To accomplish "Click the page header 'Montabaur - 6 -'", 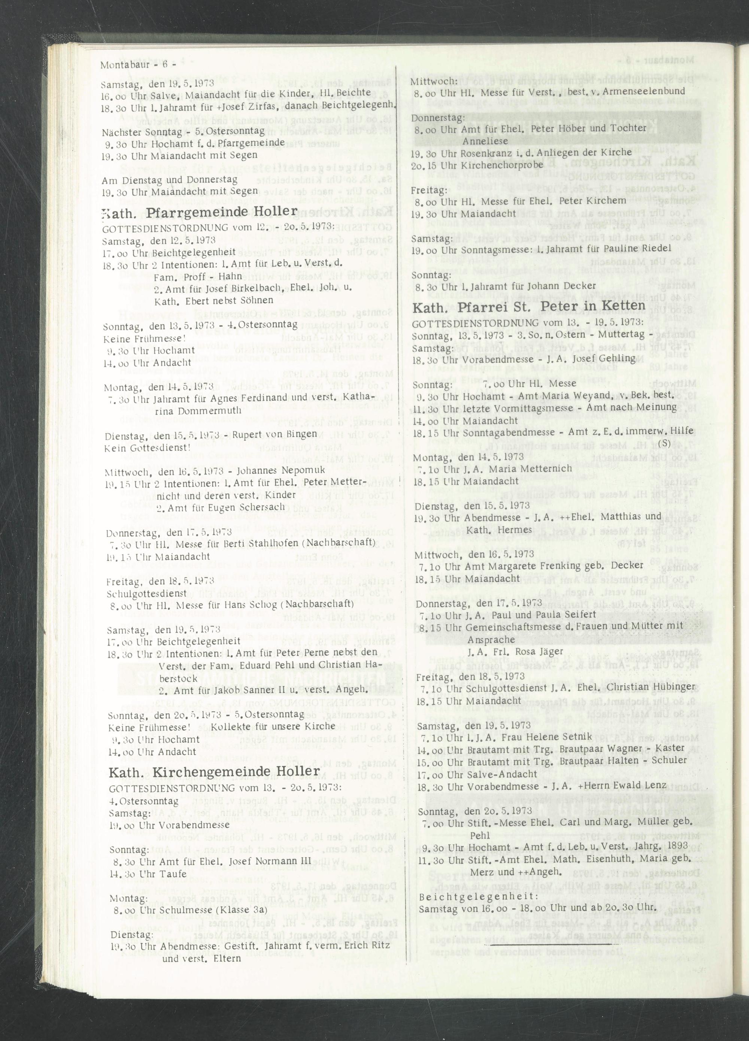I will [138, 65].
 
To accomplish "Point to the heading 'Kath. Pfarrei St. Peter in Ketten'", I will [529, 307].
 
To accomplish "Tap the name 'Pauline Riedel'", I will [645, 248].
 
